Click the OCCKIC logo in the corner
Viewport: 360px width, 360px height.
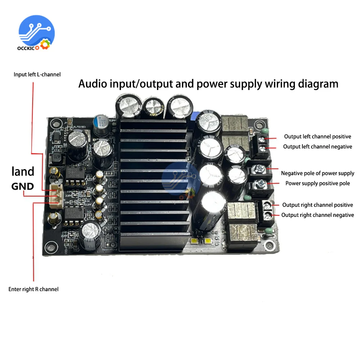click(x=36, y=34)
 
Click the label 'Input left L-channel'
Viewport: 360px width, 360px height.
click(x=37, y=75)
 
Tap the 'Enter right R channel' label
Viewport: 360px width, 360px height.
click(x=33, y=289)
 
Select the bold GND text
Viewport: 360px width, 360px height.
click(x=22, y=186)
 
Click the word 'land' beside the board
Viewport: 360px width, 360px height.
click(x=23, y=171)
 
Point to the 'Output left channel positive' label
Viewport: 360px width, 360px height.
click(x=317, y=136)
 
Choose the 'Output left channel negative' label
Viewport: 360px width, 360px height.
click(x=317, y=147)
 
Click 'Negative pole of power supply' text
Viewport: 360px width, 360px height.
click(x=318, y=173)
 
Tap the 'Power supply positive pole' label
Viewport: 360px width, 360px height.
click(x=318, y=183)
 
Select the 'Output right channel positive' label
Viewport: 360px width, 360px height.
click(x=318, y=205)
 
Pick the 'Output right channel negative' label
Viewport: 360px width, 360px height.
click(x=318, y=215)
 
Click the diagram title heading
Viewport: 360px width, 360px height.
click(x=208, y=84)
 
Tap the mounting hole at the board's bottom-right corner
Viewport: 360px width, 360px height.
click(x=268, y=246)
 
